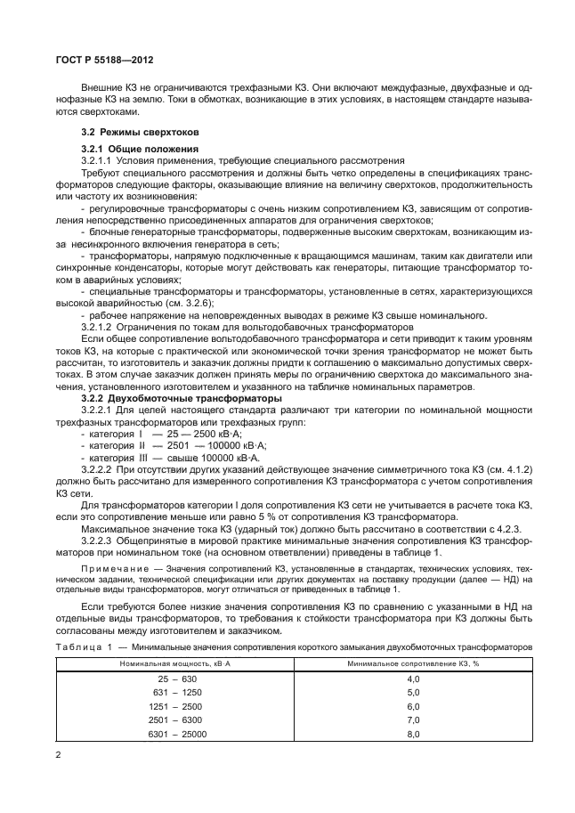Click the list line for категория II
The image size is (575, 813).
click(174, 444)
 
